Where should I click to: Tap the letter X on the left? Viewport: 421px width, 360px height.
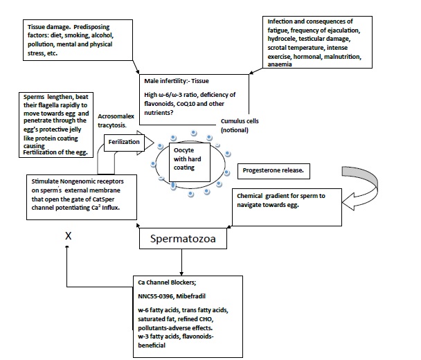point(69,235)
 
